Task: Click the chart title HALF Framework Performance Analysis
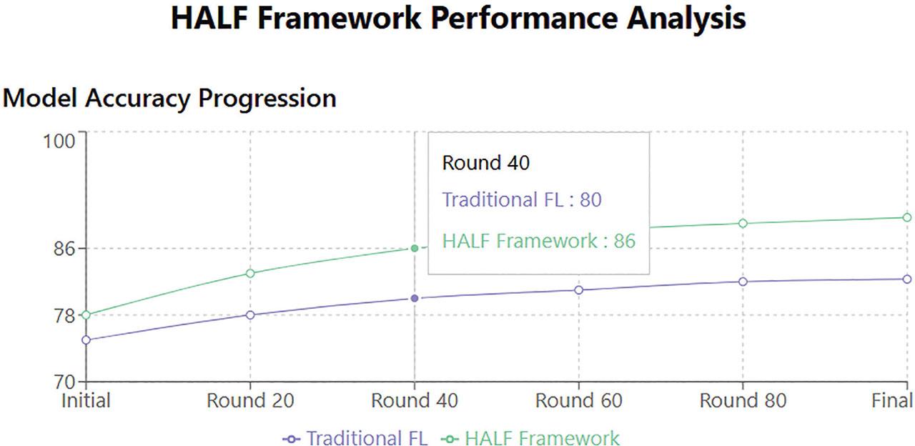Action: point(458,19)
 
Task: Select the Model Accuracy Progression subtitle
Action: point(169,99)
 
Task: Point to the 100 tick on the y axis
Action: point(59,142)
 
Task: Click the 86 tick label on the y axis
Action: point(64,248)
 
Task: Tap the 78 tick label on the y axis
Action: point(64,315)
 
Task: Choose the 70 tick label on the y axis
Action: point(64,382)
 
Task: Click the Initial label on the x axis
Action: point(86,401)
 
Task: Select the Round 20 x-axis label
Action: point(250,401)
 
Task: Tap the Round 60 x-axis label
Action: point(579,401)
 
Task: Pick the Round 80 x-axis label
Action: point(743,401)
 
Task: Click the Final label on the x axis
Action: point(892,401)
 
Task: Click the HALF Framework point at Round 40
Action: point(415,248)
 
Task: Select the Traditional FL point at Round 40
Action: point(415,299)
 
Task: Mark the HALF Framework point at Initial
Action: point(86,315)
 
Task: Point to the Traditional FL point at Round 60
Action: point(579,290)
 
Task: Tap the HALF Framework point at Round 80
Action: point(743,224)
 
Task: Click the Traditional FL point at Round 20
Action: point(250,315)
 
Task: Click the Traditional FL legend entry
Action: point(355,438)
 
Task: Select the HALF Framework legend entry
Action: point(530,438)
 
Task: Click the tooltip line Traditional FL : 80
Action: point(522,200)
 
